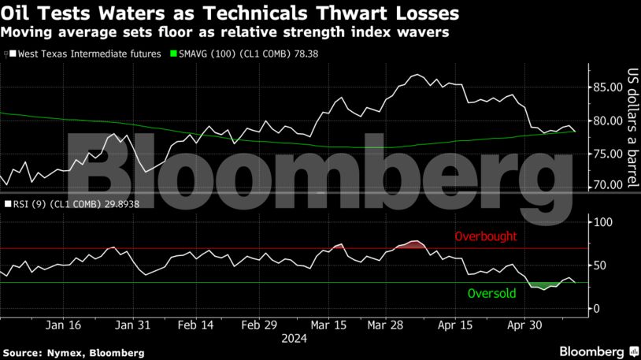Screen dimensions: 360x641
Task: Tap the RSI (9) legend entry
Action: [x=59, y=204]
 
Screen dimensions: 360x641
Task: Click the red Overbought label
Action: [x=485, y=236]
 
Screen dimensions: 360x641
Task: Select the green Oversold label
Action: [x=491, y=294]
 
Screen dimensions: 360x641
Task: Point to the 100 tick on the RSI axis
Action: [x=602, y=223]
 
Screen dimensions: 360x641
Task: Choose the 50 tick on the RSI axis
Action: [x=599, y=266]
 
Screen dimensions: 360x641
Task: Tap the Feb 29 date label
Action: [x=260, y=325]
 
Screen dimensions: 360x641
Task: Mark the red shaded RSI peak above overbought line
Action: [x=412, y=245]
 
